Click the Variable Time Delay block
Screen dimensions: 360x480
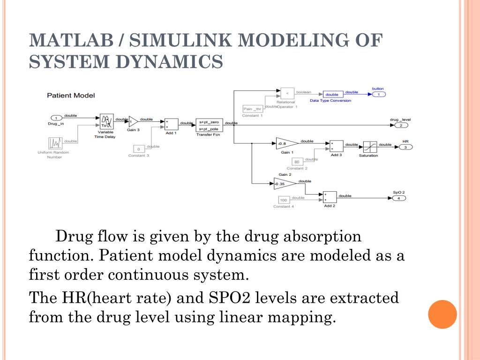click(x=106, y=122)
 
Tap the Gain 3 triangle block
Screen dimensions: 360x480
click(x=133, y=122)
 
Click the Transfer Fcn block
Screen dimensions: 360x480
click(x=209, y=125)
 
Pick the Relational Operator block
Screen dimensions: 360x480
click(x=287, y=93)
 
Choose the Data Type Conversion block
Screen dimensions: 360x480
click(x=332, y=94)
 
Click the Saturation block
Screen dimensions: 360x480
click(x=368, y=146)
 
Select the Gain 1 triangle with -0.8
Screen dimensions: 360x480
click(x=285, y=144)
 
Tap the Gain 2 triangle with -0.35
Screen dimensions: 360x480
click(x=284, y=184)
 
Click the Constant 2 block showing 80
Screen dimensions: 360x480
click(x=297, y=162)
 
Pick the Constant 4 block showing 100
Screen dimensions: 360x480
click(x=283, y=201)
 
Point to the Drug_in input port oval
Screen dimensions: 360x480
click(x=56, y=118)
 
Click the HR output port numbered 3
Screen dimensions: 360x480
click(x=405, y=147)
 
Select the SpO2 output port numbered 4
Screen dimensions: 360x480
click(x=398, y=198)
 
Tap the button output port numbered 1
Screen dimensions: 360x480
click(x=378, y=95)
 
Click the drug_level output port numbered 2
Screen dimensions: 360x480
click(x=401, y=125)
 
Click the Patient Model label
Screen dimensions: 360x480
click(x=71, y=96)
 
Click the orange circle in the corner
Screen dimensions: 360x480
click(x=442, y=314)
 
